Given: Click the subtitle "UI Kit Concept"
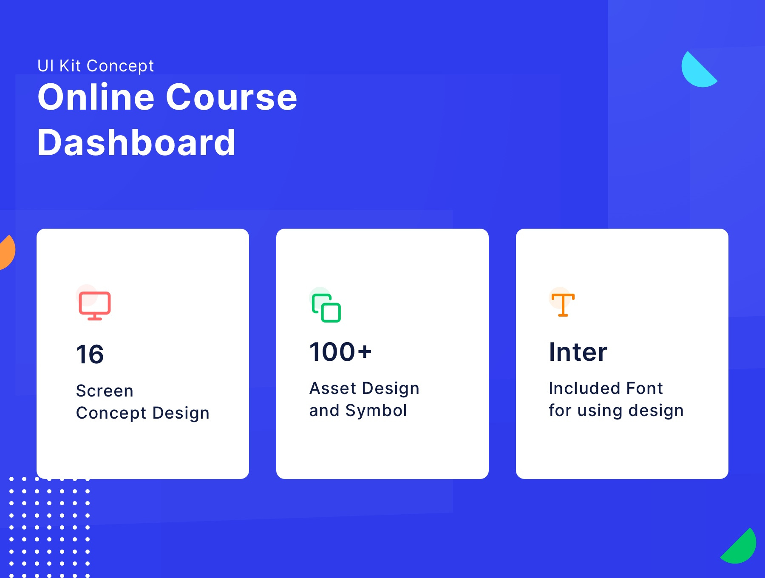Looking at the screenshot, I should click(x=96, y=66).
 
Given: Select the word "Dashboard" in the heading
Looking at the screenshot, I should click(x=136, y=143).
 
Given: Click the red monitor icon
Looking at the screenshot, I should click(x=95, y=304).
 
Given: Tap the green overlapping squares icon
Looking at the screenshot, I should click(x=326, y=308).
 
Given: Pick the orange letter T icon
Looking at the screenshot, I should click(x=563, y=305).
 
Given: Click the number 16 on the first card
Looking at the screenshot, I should click(x=90, y=354).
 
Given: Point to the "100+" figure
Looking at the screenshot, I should click(x=340, y=352).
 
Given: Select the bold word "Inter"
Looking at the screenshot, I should click(x=578, y=352).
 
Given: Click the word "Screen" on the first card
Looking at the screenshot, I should click(x=105, y=391).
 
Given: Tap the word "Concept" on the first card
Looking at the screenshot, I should click(x=111, y=413).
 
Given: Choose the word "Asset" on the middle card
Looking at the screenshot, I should click(x=333, y=388).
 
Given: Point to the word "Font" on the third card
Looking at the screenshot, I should click(x=644, y=388).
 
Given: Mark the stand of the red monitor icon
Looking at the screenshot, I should click(x=95, y=317).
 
